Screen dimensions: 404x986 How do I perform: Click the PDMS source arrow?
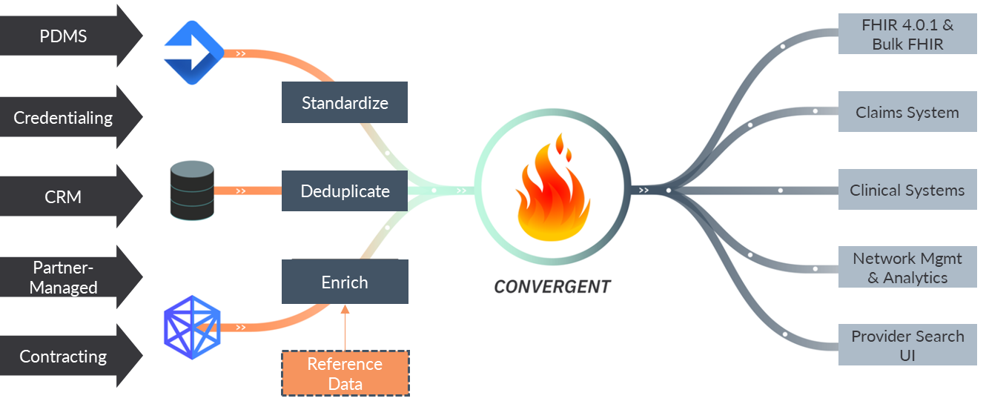tap(67, 36)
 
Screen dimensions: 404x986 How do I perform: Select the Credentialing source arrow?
tap(67, 117)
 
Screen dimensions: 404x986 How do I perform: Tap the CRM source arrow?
tap(67, 197)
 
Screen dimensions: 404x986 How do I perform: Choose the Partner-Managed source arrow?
tap(67, 277)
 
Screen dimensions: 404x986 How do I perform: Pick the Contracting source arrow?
tap(67, 357)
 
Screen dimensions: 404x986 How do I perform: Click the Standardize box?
tap(345, 102)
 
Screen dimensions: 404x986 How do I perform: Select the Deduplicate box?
tap(345, 191)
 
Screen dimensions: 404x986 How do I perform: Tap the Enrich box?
tap(345, 282)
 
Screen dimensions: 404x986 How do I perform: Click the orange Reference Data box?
tap(345, 374)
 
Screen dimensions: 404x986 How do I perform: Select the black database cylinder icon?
tap(192, 191)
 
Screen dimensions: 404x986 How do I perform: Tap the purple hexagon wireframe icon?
tap(192, 323)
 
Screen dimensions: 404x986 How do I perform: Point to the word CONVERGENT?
tap(552, 286)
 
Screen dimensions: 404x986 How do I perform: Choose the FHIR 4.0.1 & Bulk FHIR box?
tap(907, 34)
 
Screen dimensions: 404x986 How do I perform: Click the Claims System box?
tap(907, 112)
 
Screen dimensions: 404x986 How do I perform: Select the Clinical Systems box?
tap(907, 190)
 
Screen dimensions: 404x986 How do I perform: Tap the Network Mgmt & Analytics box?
tap(907, 268)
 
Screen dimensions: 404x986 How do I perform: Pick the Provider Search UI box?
tap(907, 345)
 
